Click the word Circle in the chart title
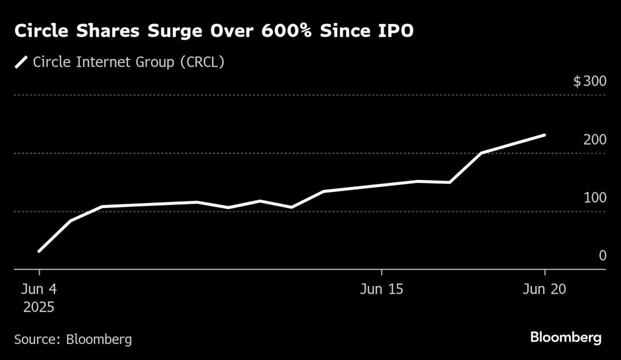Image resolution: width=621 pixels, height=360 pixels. [x=41, y=32]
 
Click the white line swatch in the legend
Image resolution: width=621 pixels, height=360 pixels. [x=21, y=63]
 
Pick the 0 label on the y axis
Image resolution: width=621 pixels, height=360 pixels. [x=602, y=256]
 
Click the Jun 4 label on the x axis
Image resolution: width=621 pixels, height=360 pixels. [x=39, y=290]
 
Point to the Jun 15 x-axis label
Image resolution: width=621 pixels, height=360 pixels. [x=381, y=290]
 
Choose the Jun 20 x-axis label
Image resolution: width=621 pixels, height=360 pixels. [x=544, y=290]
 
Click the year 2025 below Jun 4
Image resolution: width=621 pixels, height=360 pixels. [x=39, y=307]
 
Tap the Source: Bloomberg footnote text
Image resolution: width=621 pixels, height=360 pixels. [x=73, y=340]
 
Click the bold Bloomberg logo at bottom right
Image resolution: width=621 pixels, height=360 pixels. [x=566, y=338]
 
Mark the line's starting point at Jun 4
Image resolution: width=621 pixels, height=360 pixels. [x=39, y=251]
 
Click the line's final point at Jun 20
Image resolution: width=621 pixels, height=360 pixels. [x=544, y=135]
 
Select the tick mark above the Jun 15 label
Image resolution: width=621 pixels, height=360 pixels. [x=381, y=273]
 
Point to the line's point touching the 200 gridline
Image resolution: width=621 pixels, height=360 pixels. [x=481, y=153]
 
